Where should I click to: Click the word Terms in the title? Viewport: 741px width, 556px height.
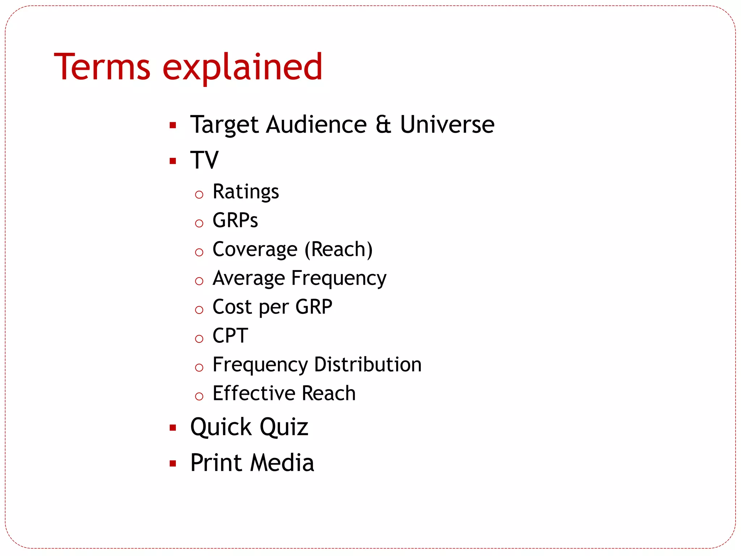point(102,67)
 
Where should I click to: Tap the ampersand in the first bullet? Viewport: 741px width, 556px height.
point(383,125)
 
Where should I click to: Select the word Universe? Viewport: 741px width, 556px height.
point(447,125)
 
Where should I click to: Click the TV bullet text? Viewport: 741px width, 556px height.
point(204,160)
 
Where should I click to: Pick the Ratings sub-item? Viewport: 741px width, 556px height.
point(246,192)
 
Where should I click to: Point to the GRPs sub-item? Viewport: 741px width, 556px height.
point(235,220)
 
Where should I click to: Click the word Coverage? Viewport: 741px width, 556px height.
point(255,249)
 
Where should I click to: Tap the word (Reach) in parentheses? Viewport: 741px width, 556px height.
point(338,249)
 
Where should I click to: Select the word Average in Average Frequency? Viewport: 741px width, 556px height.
point(249,278)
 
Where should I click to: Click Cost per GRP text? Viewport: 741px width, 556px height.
point(272,307)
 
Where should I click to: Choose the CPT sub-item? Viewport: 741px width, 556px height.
point(230,336)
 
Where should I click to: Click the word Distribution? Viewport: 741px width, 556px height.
point(368,365)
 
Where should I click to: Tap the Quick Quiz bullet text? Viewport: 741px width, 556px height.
point(249,427)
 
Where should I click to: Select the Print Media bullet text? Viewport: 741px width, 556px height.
point(252,463)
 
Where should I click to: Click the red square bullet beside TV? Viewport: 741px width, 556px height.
point(173,161)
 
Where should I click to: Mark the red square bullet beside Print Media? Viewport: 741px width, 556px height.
point(173,464)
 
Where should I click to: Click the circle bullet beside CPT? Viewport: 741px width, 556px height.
point(199,339)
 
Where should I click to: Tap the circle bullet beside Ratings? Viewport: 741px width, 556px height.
point(199,195)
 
